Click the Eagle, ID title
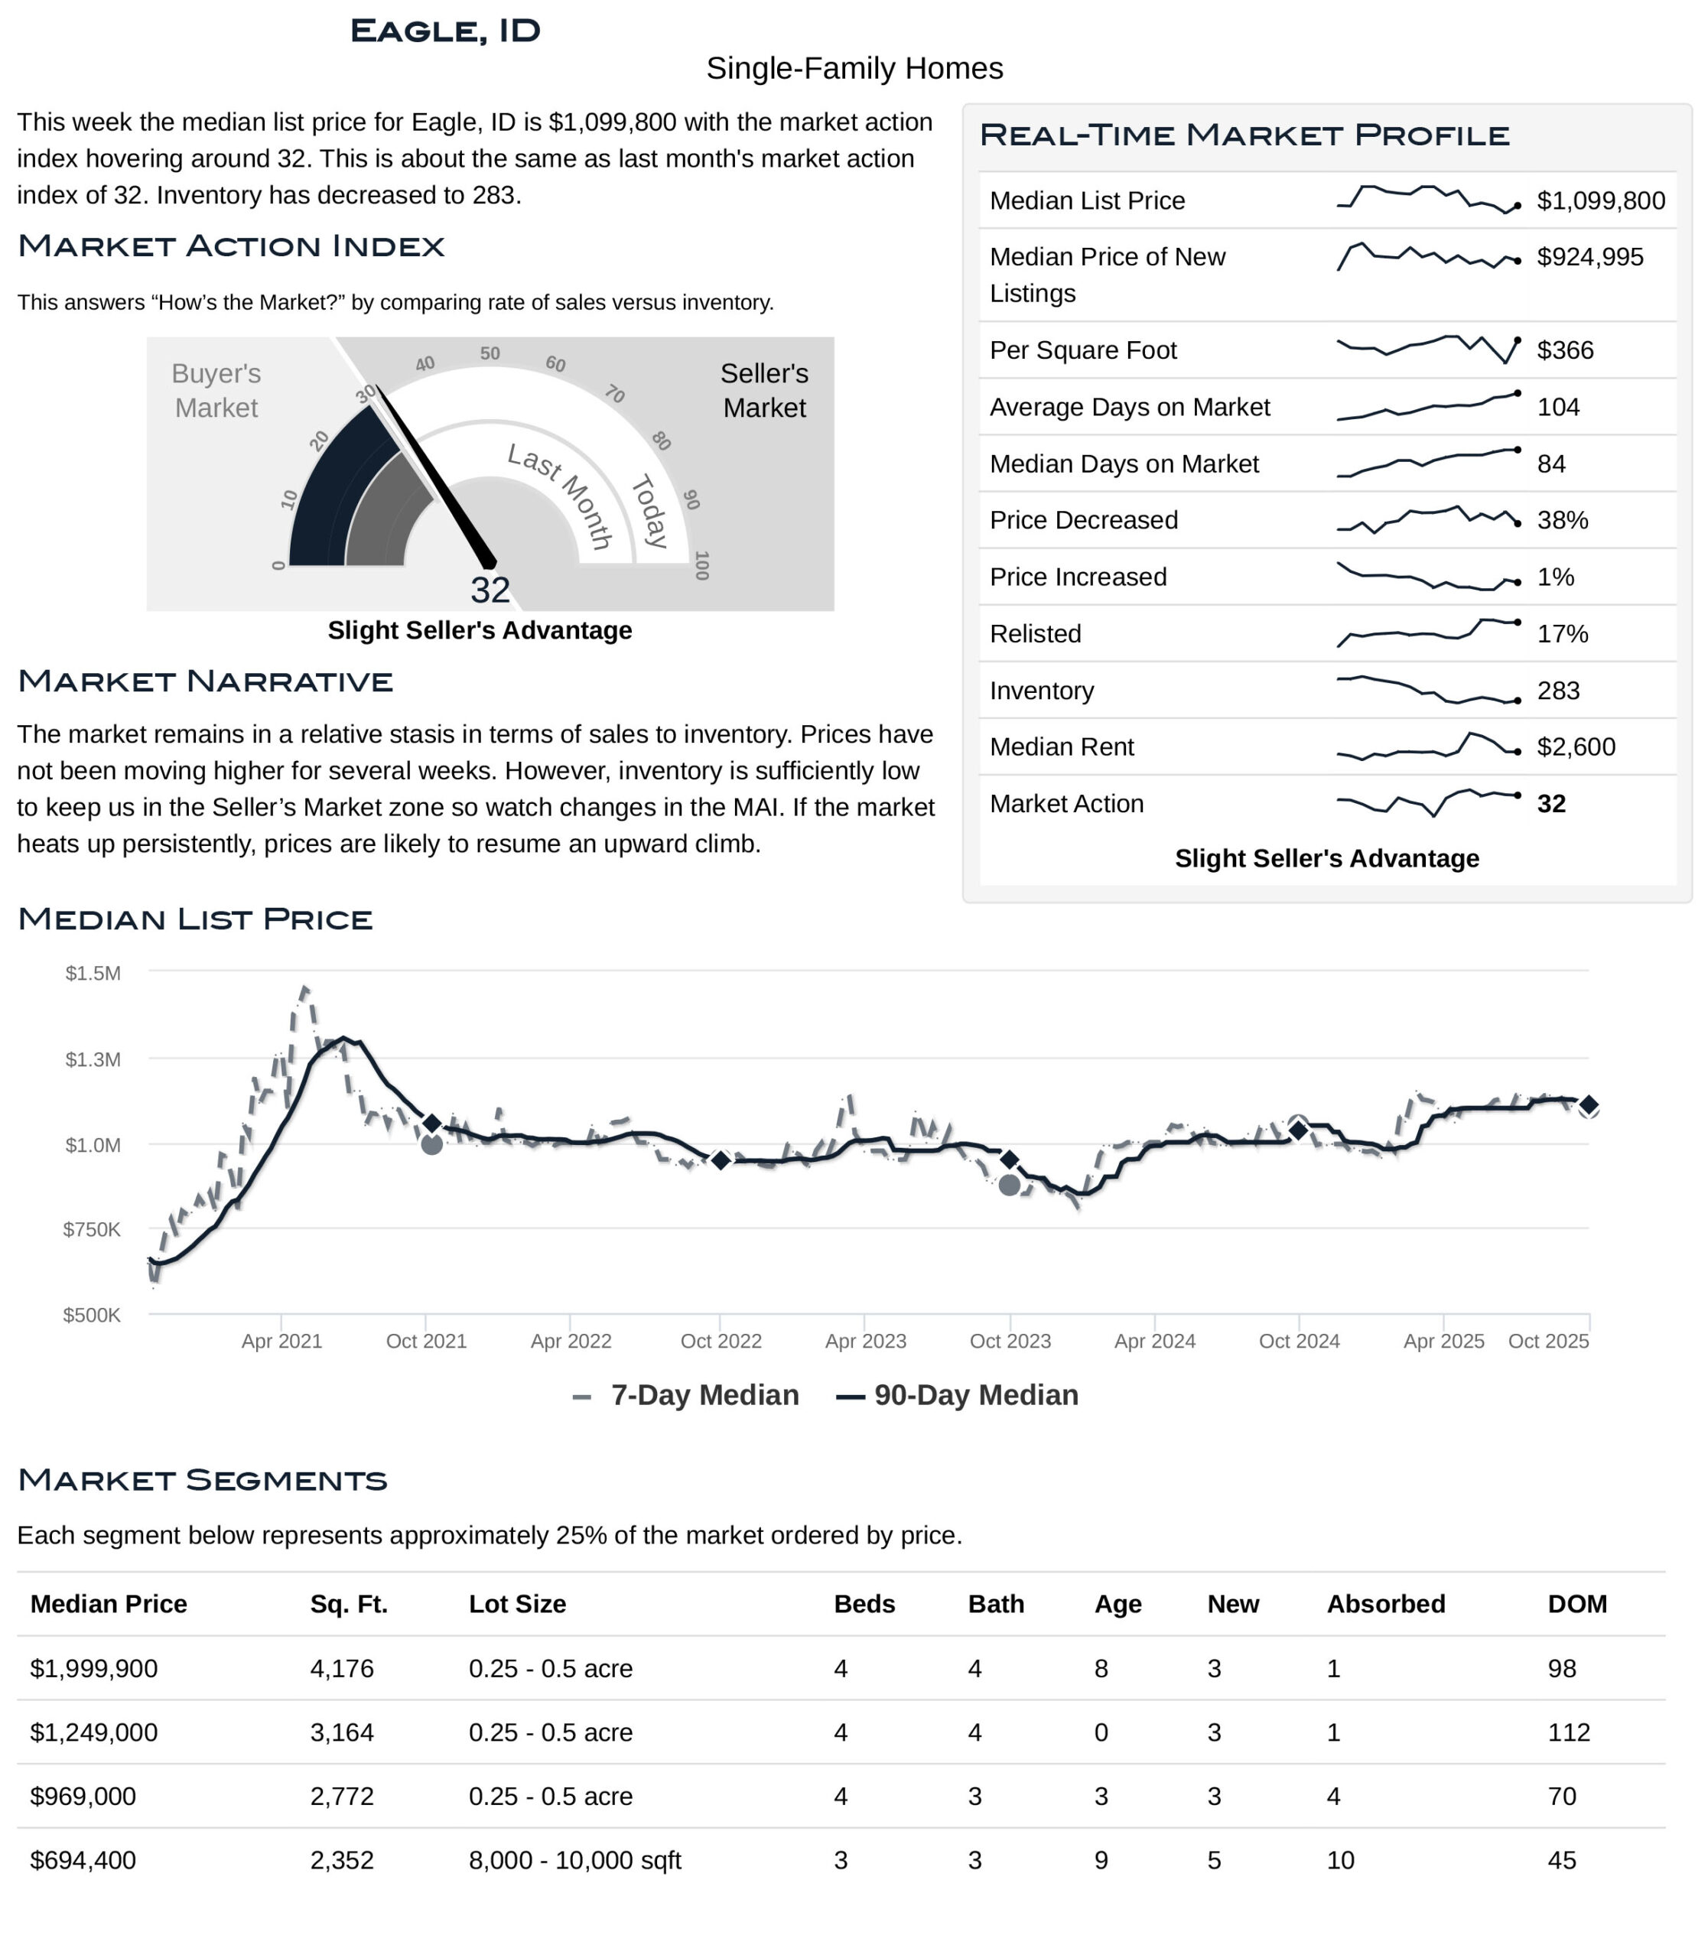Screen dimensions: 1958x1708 [x=445, y=31]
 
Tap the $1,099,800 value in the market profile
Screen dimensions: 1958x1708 [x=1600, y=200]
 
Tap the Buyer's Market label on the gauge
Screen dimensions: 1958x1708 [x=216, y=390]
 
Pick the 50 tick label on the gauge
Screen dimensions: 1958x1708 [x=490, y=353]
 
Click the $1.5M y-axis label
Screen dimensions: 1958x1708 [x=93, y=974]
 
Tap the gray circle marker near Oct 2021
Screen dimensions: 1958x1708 [x=431, y=1144]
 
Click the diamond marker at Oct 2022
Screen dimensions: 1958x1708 [x=721, y=1160]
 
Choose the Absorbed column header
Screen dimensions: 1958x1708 [x=1386, y=1605]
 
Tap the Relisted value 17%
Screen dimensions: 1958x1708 [x=1562, y=634]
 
